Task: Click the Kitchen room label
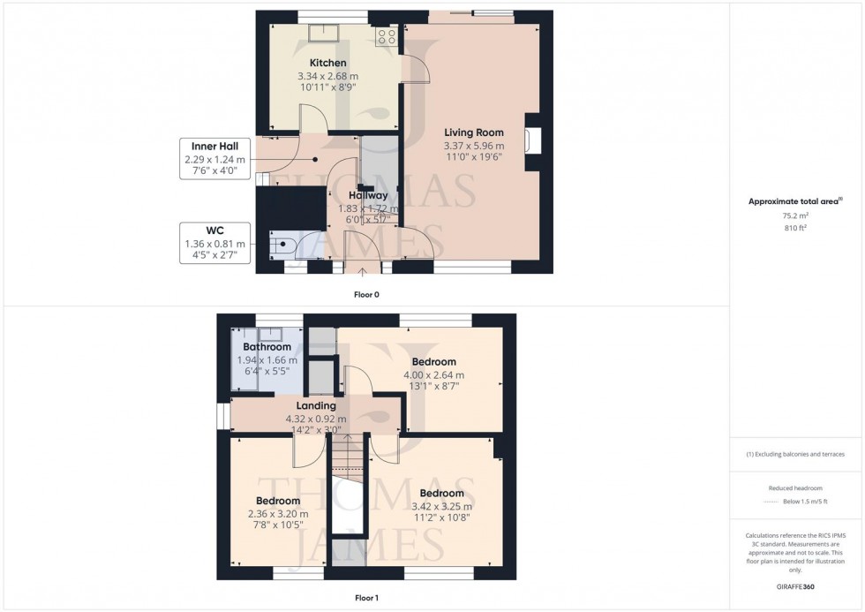tap(327, 64)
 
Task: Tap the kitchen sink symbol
tap(319, 34)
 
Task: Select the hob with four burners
tap(386, 36)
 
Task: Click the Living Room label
tap(475, 133)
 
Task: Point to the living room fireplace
tap(532, 141)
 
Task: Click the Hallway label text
tap(367, 196)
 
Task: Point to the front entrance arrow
tap(363, 271)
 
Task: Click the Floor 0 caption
tap(367, 294)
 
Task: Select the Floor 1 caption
tap(365, 598)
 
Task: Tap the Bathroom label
tap(267, 348)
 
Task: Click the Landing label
tap(315, 406)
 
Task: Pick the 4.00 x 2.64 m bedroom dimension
tap(433, 374)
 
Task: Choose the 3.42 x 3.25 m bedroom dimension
tap(442, 506)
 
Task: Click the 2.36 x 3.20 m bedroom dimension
tap(278, 514)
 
